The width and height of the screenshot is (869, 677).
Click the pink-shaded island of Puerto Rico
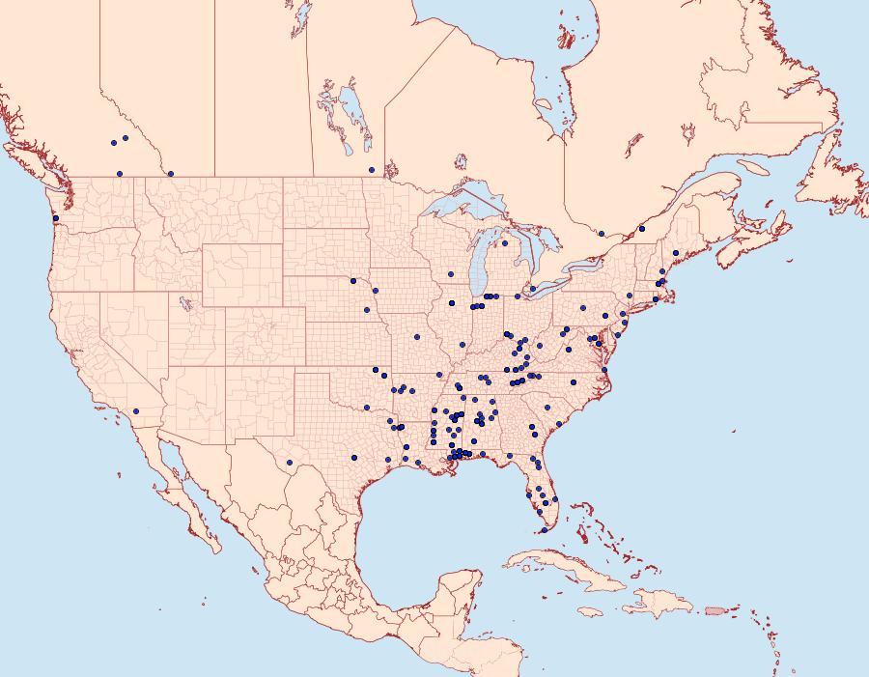click(x=715, y=609)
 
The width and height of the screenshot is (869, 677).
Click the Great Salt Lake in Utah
click(x=182, y=302)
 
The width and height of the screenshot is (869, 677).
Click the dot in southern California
click(x=136, y=411)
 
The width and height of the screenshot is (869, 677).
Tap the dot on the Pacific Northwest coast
click(x=55, y=218)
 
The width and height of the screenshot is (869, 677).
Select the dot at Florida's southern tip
click(x=544, y=530)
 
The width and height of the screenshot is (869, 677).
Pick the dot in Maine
click(x=676, y=253)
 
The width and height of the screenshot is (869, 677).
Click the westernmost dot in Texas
click(x=354, y=457)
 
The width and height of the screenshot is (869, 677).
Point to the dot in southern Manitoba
click(x=372, y=170)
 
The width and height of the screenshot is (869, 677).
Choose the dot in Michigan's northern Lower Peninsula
click(x=505, y=243)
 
